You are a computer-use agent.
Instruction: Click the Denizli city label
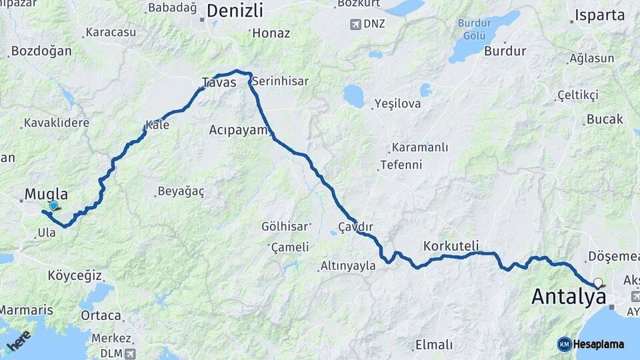click(235, 11)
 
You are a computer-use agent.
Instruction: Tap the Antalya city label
click(569, 297)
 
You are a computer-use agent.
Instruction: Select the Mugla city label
click(46, 194)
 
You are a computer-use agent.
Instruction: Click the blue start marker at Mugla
click(53, 207)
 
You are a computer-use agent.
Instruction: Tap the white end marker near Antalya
click(598, 283)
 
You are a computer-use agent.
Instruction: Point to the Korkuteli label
click(451, 246)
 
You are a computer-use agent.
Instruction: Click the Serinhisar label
click(281, 81)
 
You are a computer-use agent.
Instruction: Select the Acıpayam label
click(238, 129)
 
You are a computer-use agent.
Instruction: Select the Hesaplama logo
click(591, 344)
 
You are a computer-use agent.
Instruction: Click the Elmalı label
click(433, 345)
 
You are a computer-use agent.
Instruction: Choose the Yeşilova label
click(398, 103)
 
